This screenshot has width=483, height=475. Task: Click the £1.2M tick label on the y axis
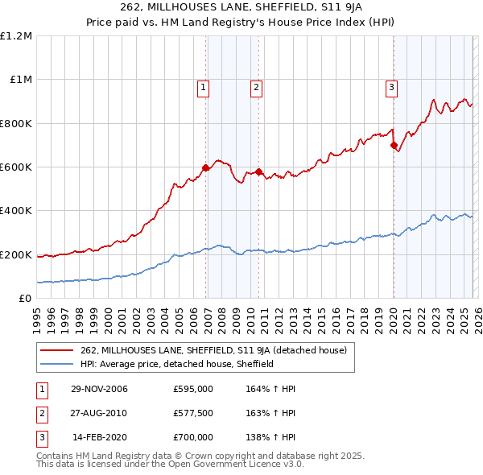pyautogui.click(x=16, y=35)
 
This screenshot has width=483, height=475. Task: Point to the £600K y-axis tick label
pyautogui.click(x=16, y=167)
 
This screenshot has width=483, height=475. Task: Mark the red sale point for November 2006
pyautogui.click(x=206, y=168)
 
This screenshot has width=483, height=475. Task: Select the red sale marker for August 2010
pyautogui.click(x=258, y=171)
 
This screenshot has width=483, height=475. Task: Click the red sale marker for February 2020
pyautogui.click(x=394, y=146)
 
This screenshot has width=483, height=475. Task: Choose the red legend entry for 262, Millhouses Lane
pyautogui.click(x=213, y=350)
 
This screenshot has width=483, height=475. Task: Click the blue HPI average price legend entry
pyautogui.click(x=177, y=364)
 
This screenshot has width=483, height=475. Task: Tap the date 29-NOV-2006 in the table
pyautogui.click(x=99, y=390)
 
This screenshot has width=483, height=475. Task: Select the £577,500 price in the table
pyautogui.click(x=193, y=413)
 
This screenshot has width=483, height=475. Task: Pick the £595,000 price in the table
pyautogui.click(x=193, y=390)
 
